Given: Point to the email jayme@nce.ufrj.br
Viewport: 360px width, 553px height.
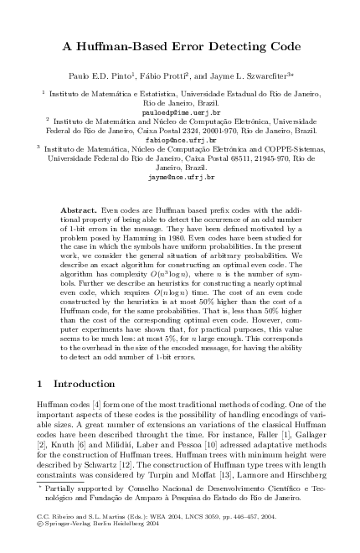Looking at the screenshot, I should (180, 178).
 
